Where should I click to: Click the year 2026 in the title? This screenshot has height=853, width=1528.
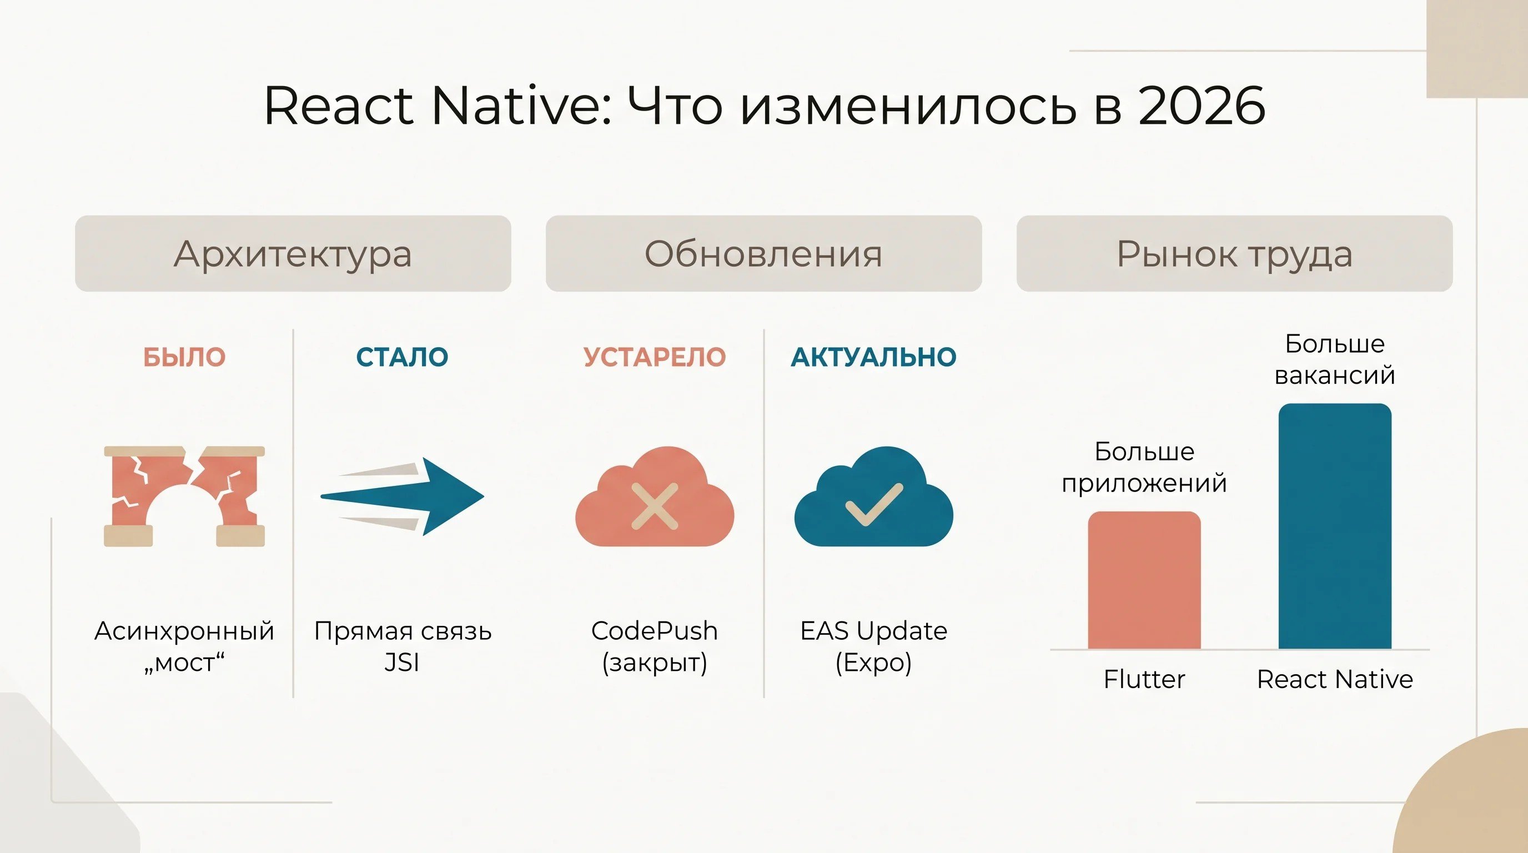click(1202, 106)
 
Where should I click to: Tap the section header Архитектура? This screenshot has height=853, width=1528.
click(293, 253)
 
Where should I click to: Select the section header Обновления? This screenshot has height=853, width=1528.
click(764, 253)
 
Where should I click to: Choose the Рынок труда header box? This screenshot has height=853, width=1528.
click(1234, 253)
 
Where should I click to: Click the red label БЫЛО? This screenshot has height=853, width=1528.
click(184, 357)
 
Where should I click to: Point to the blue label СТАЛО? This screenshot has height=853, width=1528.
click(402, 357)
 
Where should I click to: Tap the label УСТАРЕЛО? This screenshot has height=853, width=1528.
click(655, 357)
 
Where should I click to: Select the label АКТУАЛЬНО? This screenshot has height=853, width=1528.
click(874, 357)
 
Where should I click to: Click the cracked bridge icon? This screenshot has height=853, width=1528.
click(184, 496)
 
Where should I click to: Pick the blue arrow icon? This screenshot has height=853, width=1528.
click(402, 496)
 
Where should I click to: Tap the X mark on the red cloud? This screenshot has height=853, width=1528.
click(655, 506)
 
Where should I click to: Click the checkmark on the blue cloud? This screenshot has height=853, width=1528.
click(874, 504)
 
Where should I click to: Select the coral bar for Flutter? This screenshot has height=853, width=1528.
click(1144, 580)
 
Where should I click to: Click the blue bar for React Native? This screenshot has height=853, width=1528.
click(1335, 526)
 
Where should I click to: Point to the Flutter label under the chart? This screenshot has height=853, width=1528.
click(1144, 679)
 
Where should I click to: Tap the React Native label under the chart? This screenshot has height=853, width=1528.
click(1335, 679)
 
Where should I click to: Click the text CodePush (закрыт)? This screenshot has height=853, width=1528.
click(655, 646)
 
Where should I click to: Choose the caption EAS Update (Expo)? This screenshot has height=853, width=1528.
click(874, 646)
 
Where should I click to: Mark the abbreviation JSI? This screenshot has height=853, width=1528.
click(402, 663)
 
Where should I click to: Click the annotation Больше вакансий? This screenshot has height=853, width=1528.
click(1335, 359)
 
